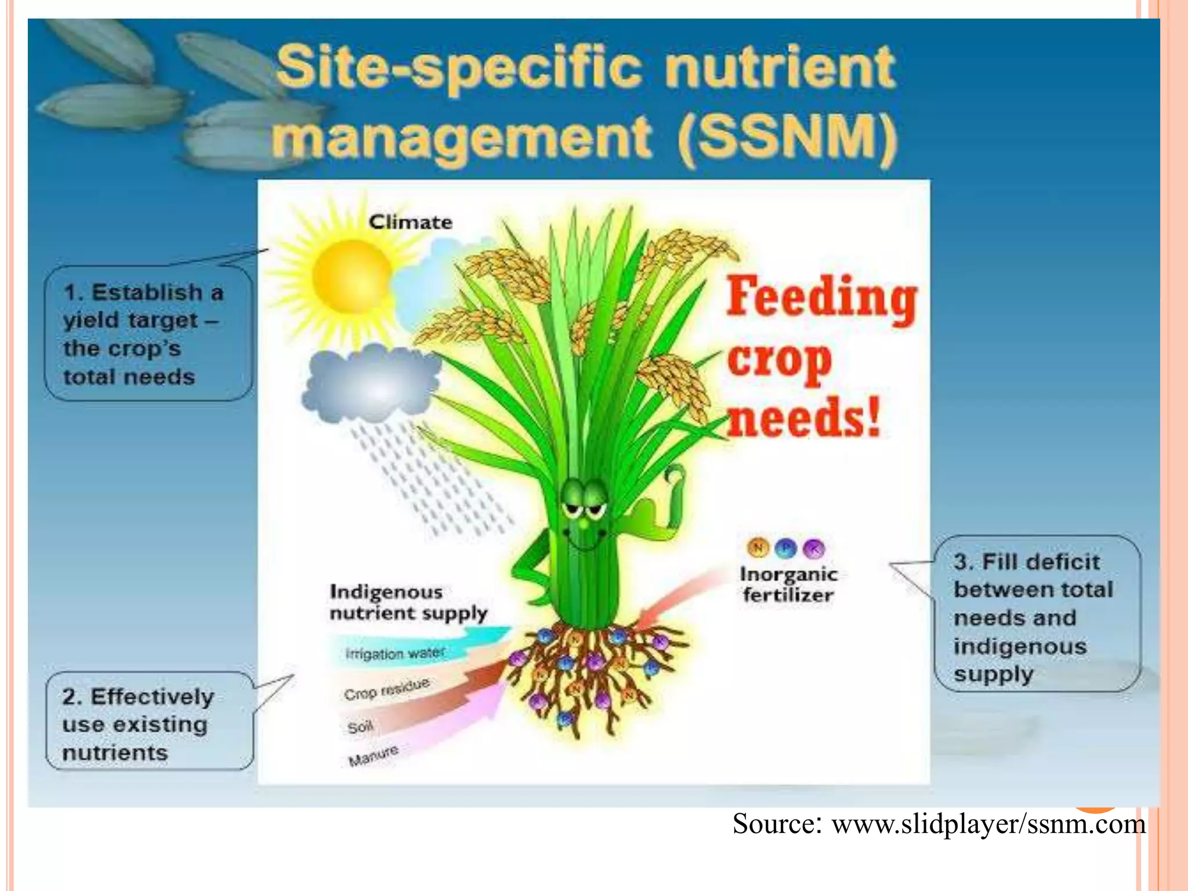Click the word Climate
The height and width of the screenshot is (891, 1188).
click(411, 222)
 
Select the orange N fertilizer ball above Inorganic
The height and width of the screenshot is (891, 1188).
click(758, 546)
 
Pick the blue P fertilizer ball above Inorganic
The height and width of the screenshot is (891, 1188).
click(785, 548)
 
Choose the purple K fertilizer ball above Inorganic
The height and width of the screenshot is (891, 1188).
click(814, 548)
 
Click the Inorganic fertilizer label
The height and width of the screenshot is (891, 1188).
click(788, 584)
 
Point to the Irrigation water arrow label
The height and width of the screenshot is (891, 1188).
click(395, 653)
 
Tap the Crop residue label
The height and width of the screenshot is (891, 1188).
click(386, 689)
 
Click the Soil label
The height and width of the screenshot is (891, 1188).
click(360, 727)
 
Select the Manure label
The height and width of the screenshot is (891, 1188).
click(374, 755)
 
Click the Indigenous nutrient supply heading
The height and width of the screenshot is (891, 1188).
click(408, 602)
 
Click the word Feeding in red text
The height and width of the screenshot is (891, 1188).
click(821, 297)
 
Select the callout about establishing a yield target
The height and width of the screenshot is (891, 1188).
click(148, 334)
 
